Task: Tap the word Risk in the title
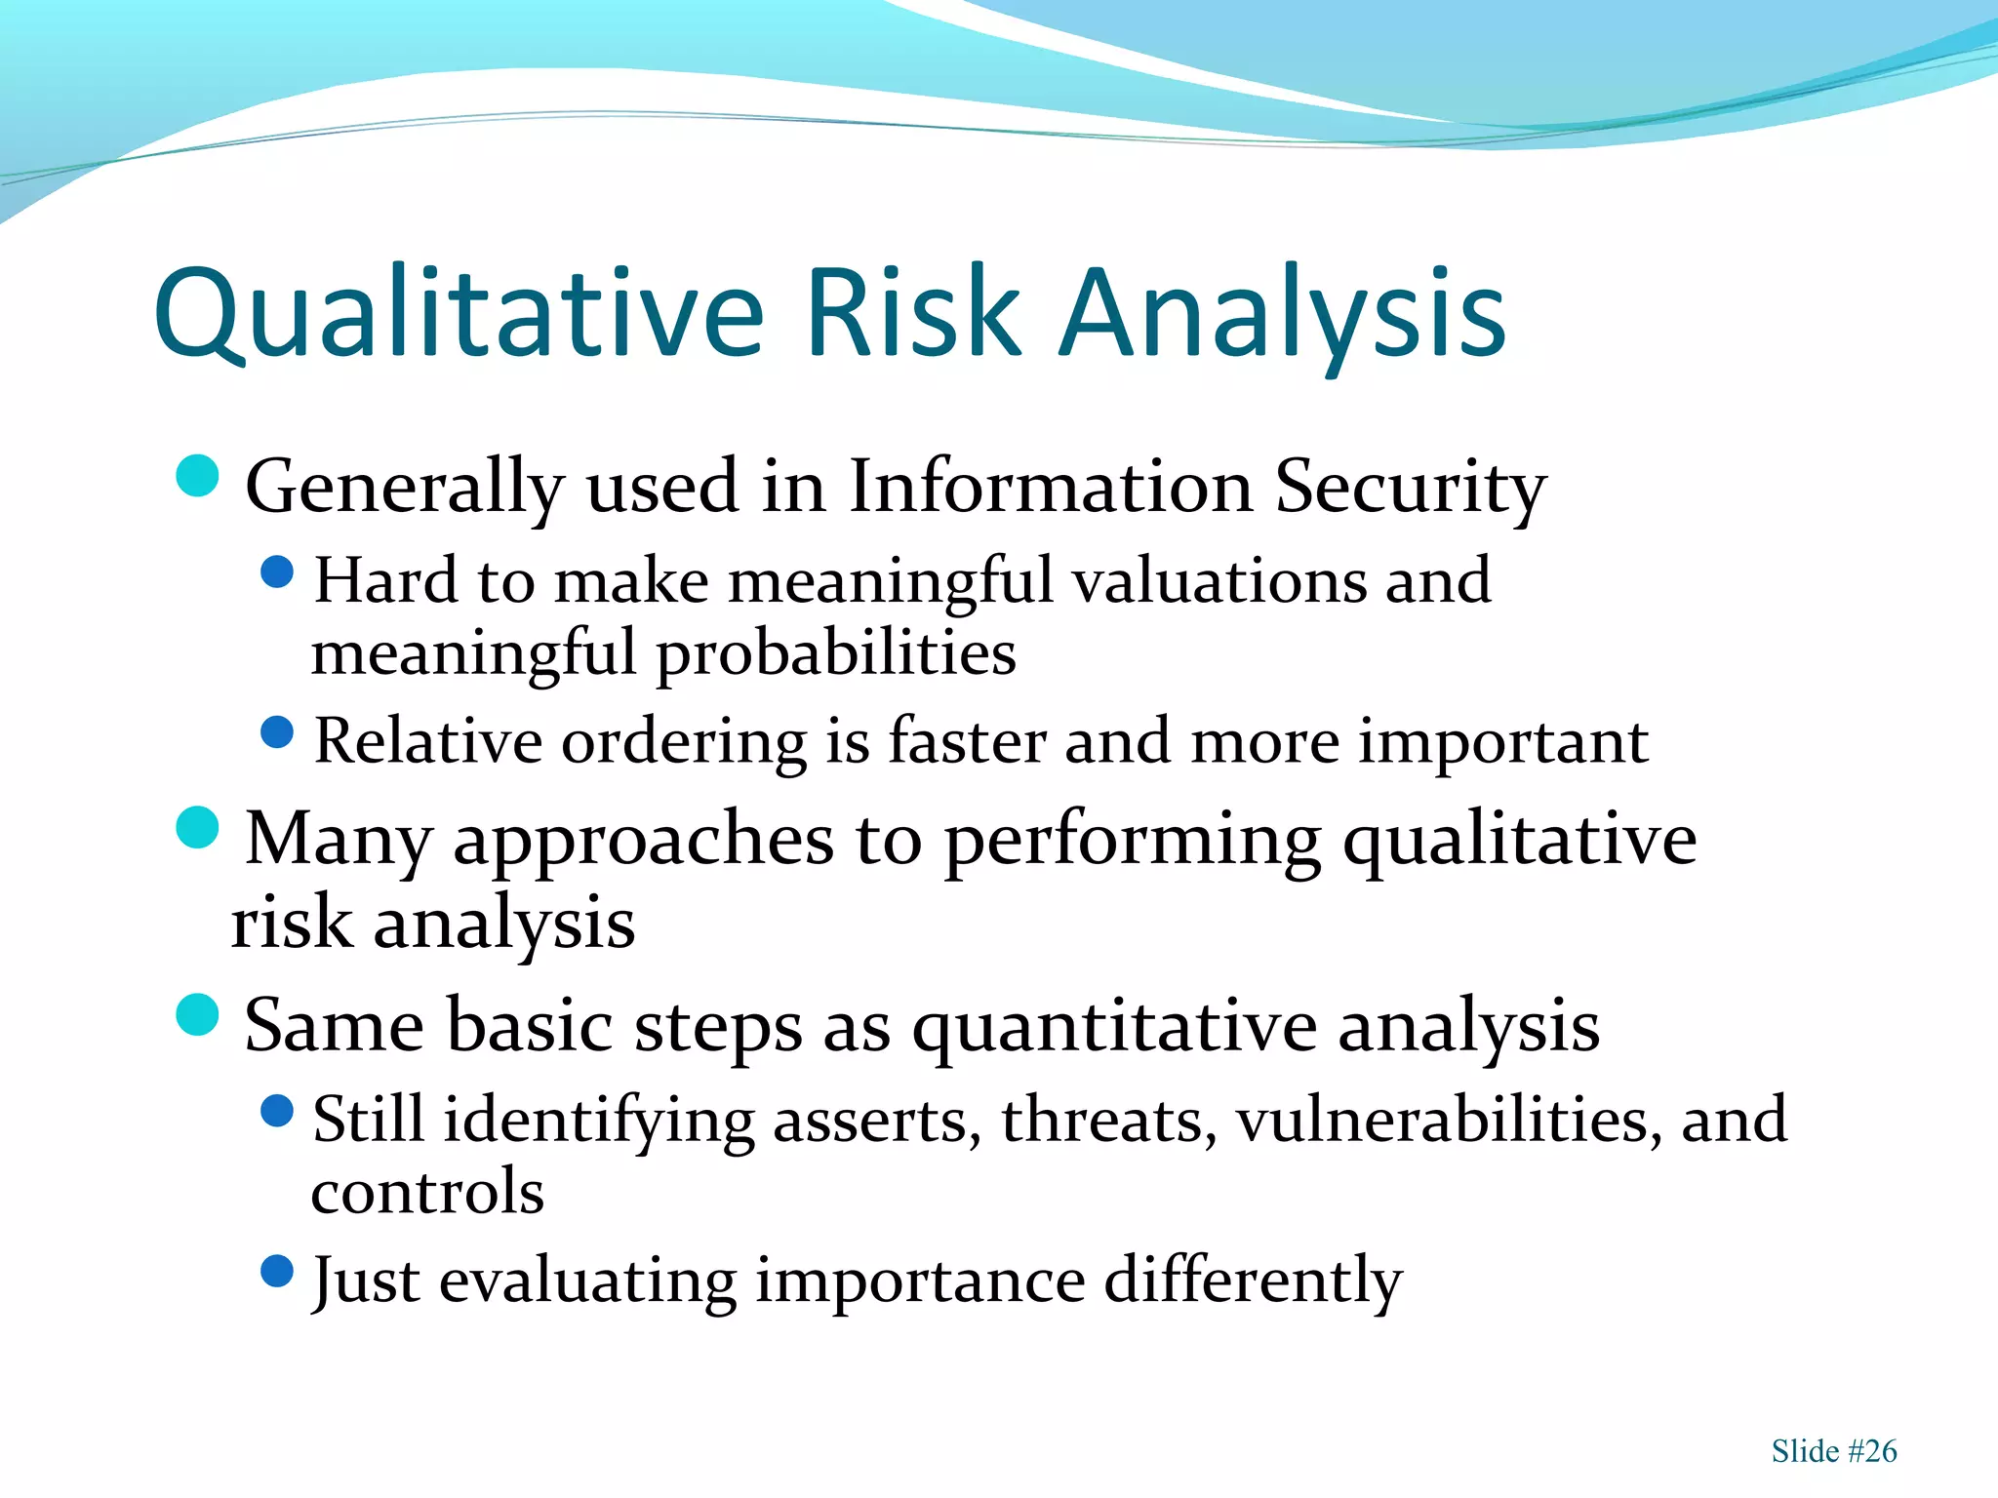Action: click(913, 312)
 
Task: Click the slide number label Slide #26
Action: click(1833, 1451)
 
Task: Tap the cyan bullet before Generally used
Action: click(198, 477)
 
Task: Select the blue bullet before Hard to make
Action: click(278, 572)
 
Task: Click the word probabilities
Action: click(836, 653)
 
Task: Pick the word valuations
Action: click(1219, 580)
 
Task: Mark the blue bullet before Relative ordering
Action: click(278, 732)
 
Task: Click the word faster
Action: click(966, 741)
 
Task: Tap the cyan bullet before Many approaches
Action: click(198, 828)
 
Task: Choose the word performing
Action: click(1133, 841)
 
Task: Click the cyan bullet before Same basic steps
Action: click(198, 1014)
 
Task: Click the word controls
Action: click(427, 1192)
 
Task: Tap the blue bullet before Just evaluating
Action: click(278, 1271)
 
